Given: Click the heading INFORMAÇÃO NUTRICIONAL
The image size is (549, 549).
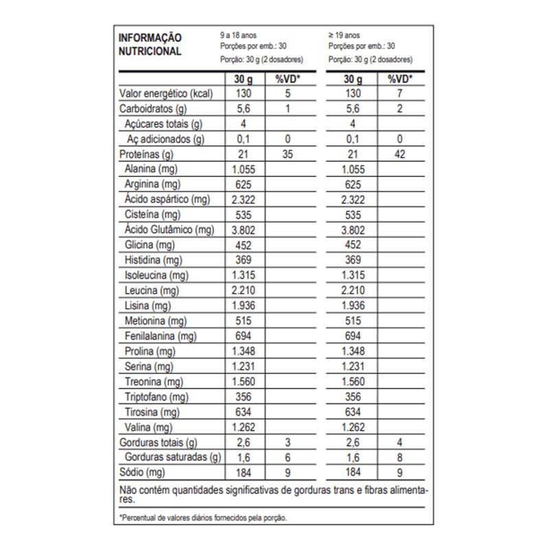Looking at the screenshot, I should pyautogui.click(x=150, y=44).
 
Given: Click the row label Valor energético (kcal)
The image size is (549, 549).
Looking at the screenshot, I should pyautogui.click(x=164, y=93).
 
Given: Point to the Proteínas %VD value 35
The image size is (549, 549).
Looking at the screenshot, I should pyautogui.click(x=288, y=154).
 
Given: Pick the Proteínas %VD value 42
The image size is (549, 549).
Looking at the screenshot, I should pyautogui.click(x=400, y=154).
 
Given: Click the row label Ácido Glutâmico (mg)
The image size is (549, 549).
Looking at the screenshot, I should pyautogui.click(x=168, y=230).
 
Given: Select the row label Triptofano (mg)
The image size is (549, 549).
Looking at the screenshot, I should pyautogui.click(x=157, y=397).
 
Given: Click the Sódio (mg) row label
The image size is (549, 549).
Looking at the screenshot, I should pyautogui.click(x=143, y=472).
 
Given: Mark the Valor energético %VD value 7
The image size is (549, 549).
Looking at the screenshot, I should pyautogui.click(x=400, y=93).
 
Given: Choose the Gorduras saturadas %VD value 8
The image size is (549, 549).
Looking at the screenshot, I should pyautogui.click(x=400, y=457).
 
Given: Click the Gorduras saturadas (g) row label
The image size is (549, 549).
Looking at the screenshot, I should pyautogui.click(x=172, y=457).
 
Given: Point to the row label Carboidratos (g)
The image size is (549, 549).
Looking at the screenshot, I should pyautogui.click(x=153, y=108).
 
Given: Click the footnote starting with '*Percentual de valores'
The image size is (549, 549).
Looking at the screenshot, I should pyautogui.click(x=202, y=518).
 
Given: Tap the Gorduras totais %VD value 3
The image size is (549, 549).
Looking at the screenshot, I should pyautogui.click(x=288, y=442).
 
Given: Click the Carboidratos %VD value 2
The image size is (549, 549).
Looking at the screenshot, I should pyautogui.click(x=400, y=108).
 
